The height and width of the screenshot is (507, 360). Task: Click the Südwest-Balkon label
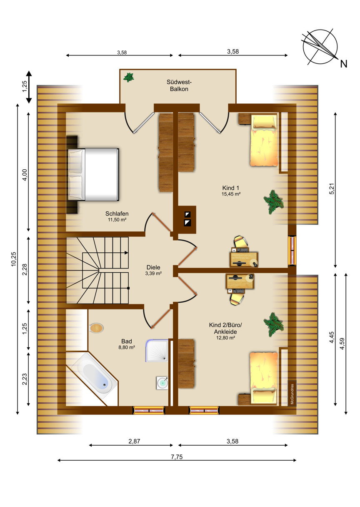pos(179,85)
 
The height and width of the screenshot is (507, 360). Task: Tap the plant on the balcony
pos(128,78)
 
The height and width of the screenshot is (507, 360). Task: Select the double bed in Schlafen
pos(93,175)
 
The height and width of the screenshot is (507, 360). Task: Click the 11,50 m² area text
pos(117,220)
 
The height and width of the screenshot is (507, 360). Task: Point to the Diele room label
pos(153,267)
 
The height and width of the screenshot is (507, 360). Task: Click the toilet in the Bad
pos(96,328)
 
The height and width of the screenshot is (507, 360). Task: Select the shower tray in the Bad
pos(157,350)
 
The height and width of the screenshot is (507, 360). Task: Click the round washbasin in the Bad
pos(162,383)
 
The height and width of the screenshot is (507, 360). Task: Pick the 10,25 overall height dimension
pos(14,259)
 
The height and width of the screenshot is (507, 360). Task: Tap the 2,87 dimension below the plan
pos(134,441)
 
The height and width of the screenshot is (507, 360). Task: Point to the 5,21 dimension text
pos(332,189)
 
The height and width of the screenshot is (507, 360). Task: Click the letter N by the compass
pos(344,64)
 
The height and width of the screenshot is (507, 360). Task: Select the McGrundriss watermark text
pos(292,394)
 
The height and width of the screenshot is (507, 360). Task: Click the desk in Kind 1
pos(244,259)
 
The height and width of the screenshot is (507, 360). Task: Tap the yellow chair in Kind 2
pos(237,299)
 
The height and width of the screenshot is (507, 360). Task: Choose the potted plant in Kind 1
pos(274,202)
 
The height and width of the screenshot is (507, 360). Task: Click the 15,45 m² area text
pos(231,194)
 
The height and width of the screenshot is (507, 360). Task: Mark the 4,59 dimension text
pos(342,344)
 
